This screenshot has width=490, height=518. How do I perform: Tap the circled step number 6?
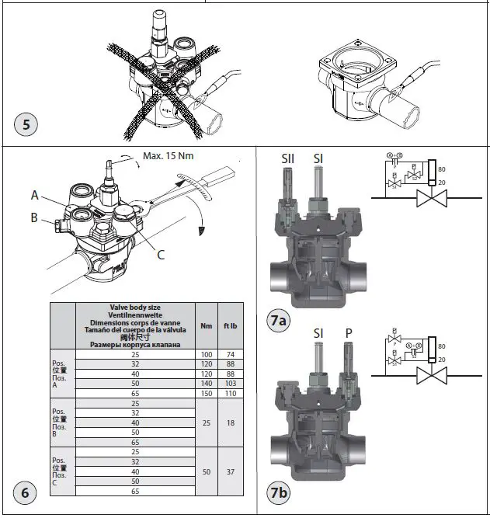click(25, 492)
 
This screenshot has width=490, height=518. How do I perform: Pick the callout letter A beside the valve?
click(36, 194)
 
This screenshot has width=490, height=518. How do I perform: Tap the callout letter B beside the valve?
click(34, 218)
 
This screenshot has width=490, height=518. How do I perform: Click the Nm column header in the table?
click(206, 325)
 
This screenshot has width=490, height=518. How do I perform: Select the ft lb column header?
click(231, 325)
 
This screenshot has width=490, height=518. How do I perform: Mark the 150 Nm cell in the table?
click(206, 394)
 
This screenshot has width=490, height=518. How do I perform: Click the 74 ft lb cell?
click(231, 353)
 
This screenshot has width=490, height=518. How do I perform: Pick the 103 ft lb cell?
click(231, 384)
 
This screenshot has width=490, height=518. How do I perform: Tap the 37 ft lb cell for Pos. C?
click(231, 471)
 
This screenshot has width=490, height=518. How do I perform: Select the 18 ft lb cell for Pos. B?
click(231, 423)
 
